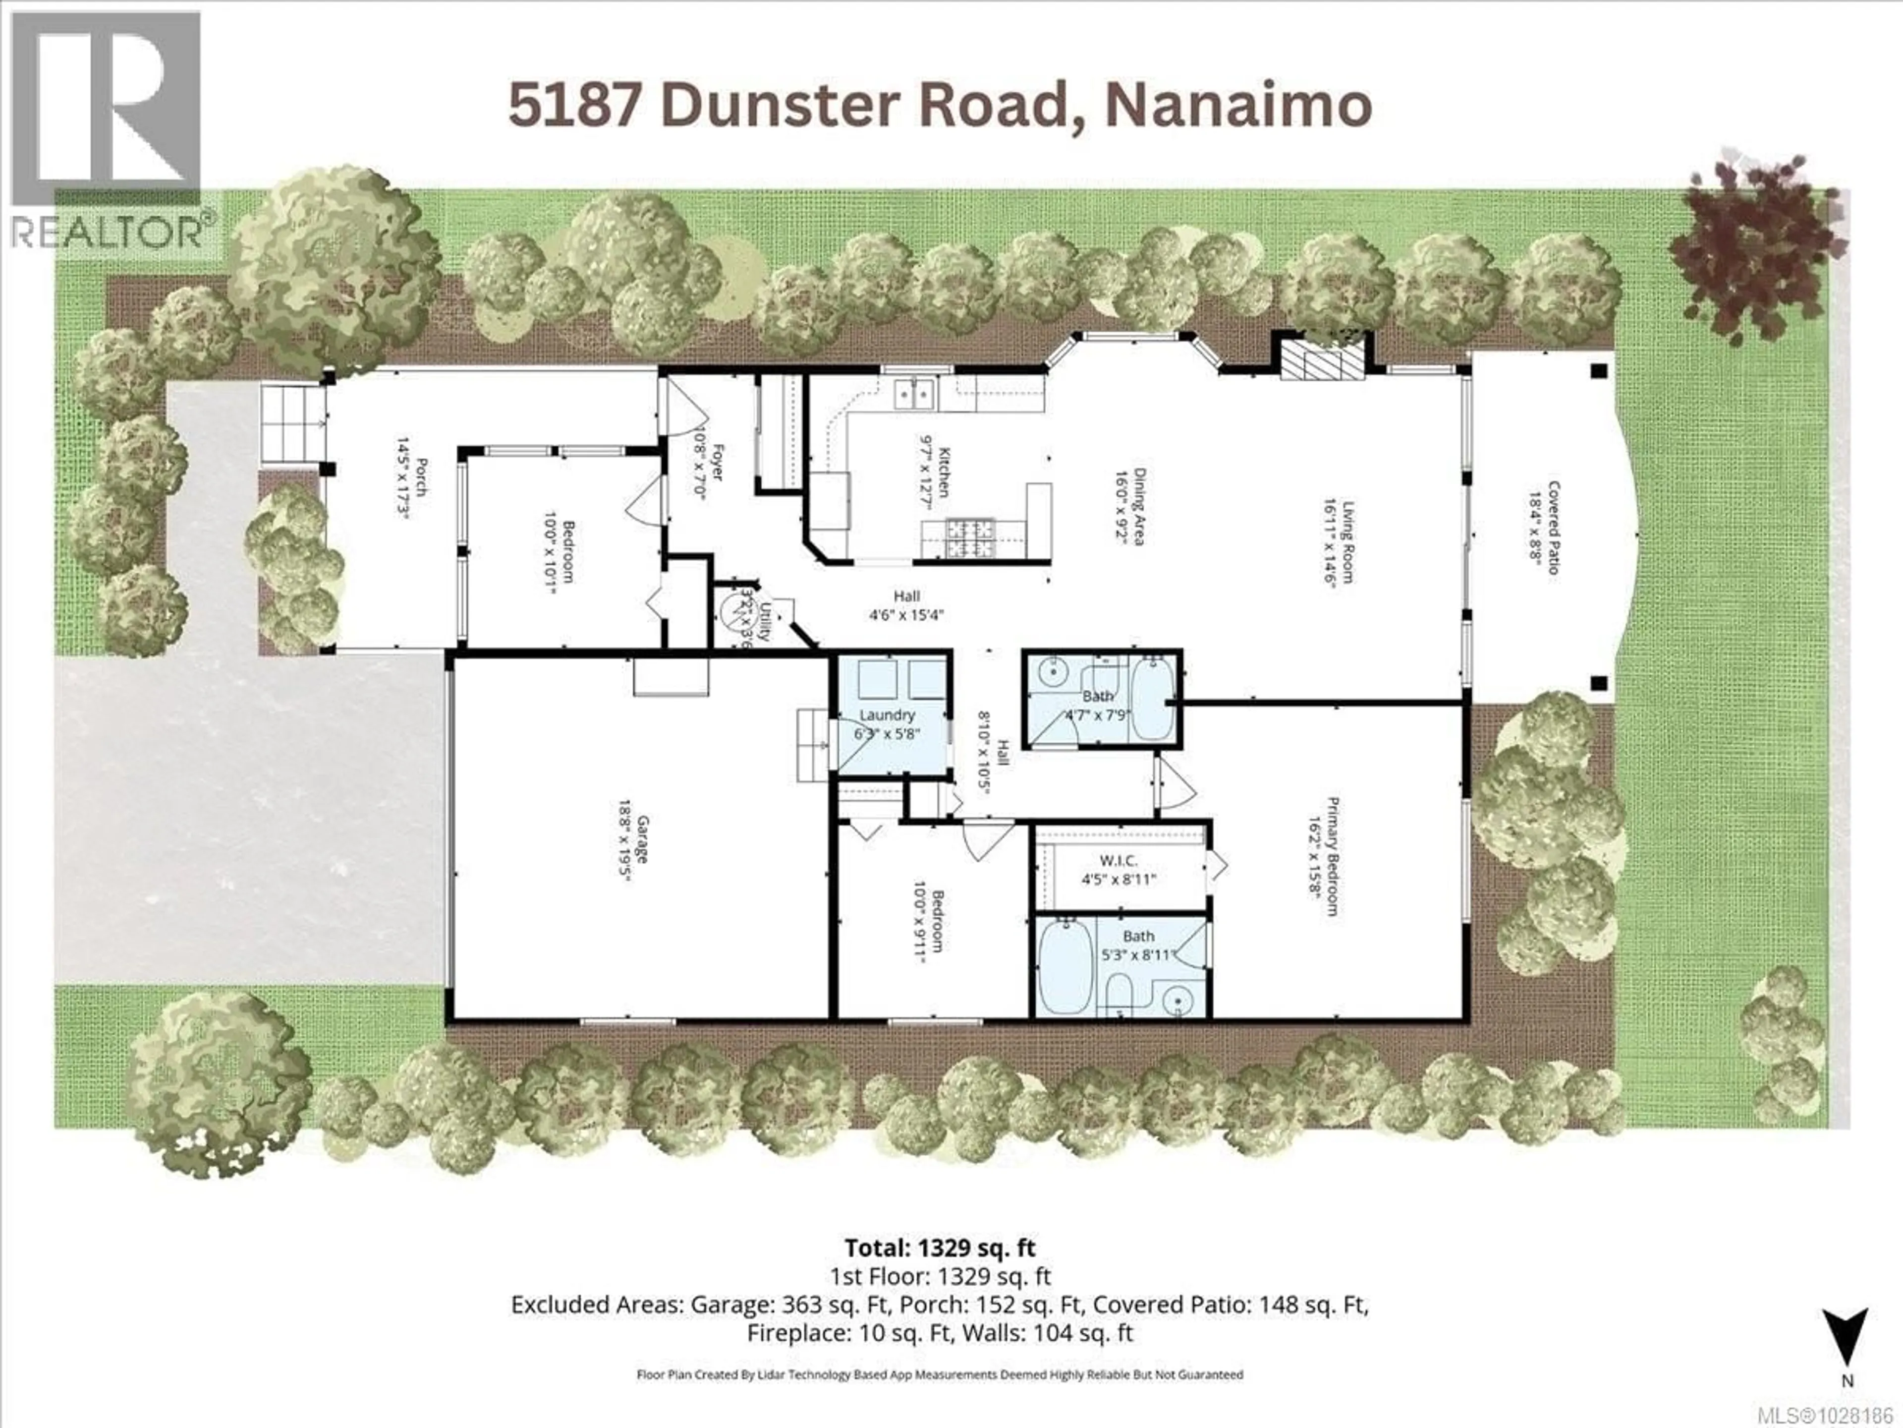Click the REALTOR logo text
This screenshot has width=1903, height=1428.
[112, 231]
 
